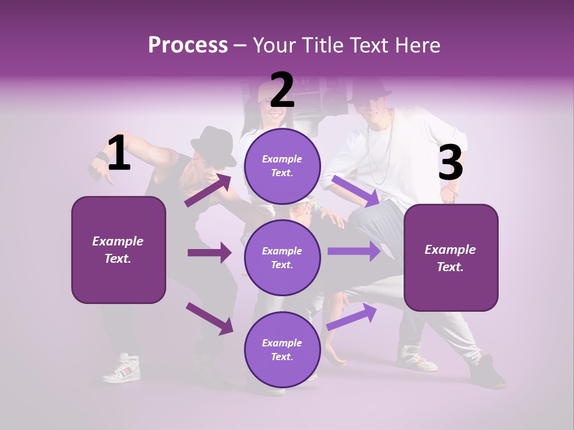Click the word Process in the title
[188, 45]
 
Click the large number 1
[118, 153]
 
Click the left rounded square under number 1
[118, 250]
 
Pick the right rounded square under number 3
[451, 258]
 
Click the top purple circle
[282, 166]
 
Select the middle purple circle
[282, 257]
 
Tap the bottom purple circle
[282, 349]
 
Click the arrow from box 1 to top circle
[208, 191]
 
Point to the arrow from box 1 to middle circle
[209, 253]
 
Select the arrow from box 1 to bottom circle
[209, 318]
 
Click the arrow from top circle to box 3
[356, 191]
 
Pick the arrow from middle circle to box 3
[354, 251]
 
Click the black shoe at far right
[487, 373]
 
